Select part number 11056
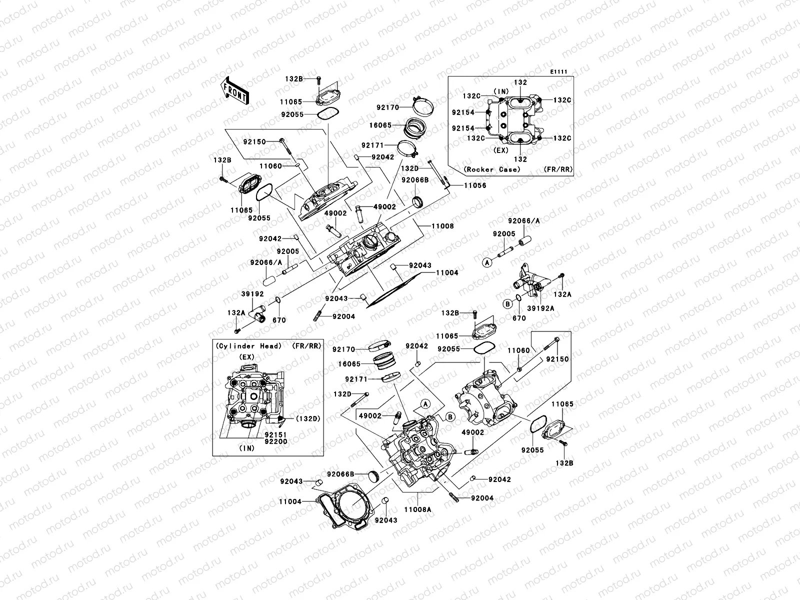pos(475,185)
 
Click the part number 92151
pos(275,434)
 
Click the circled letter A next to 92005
pos(486,261)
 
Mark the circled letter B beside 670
pos(507,303)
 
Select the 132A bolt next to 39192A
pos(562,276)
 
